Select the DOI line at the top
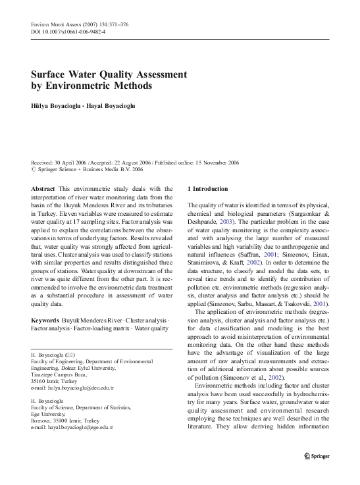[x=68, y=32]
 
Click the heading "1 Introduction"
[x=208, y=189]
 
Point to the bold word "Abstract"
[x=43, y=189]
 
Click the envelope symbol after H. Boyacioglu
[x=71, y=355]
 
